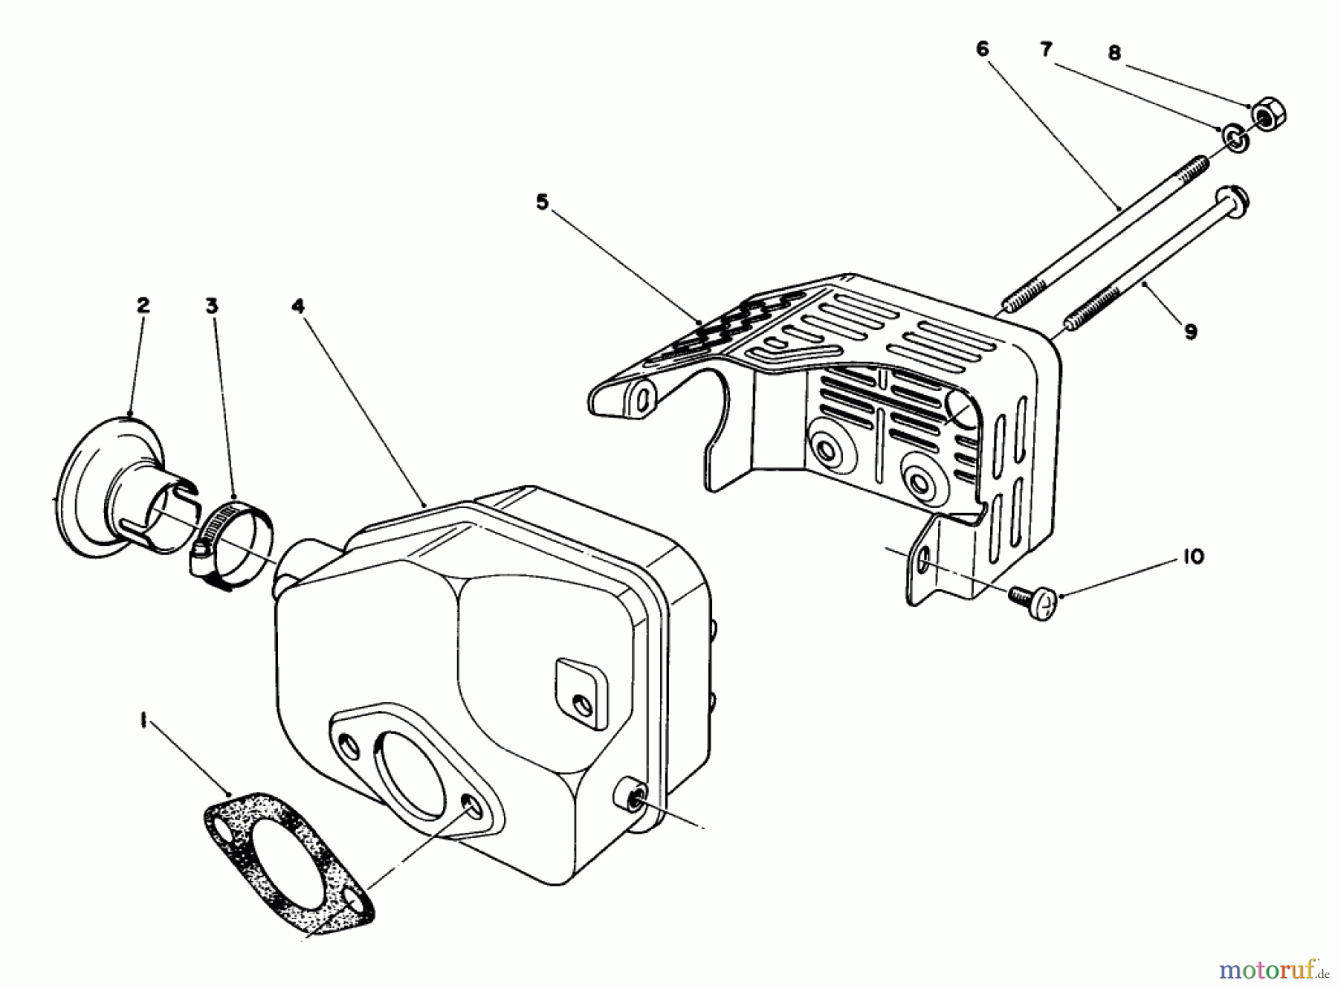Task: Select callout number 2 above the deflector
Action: point(143,306)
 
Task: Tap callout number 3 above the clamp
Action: point(213,306)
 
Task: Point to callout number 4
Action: point(298,306)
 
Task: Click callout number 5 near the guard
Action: point(542,202)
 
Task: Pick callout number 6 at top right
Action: point(983,49)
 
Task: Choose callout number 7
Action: point(1046,49)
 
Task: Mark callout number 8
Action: point(1114,54)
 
